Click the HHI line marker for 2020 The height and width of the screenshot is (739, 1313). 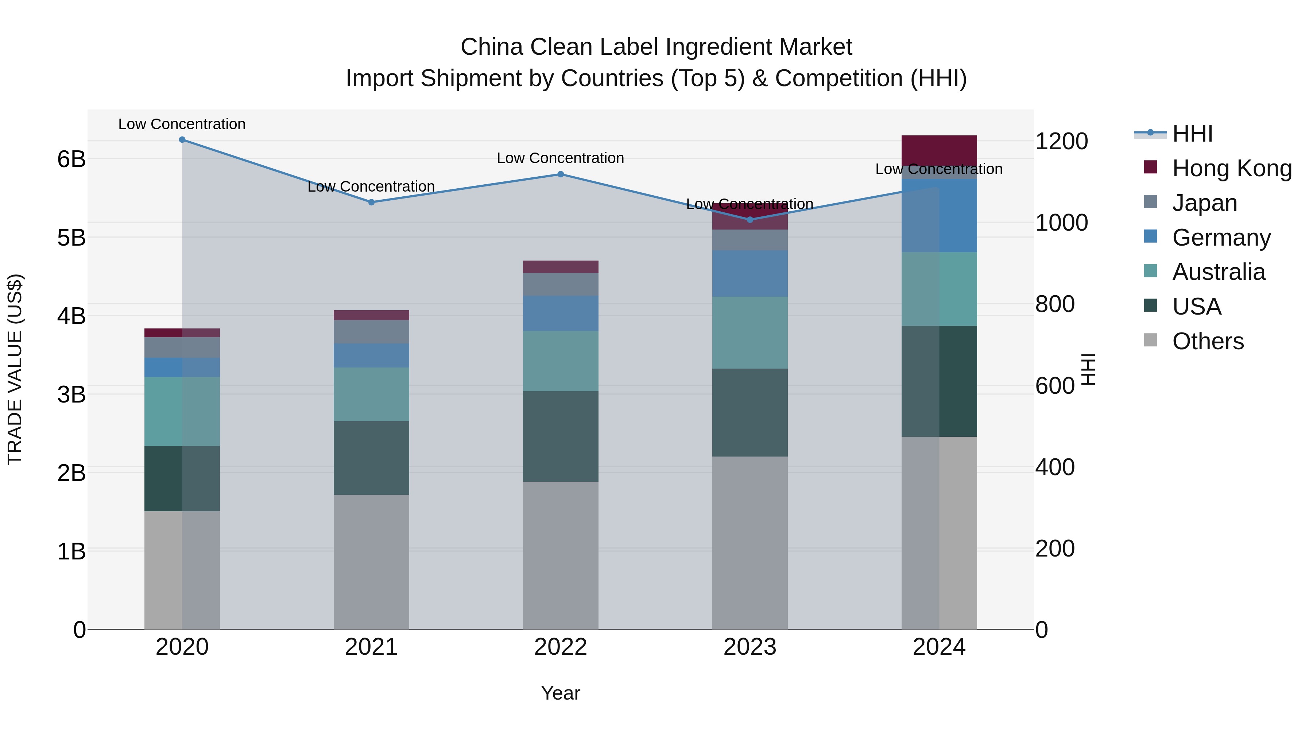coord(182,140)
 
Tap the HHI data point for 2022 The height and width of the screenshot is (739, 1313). coord(560,174)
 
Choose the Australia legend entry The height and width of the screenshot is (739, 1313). coord(1218,272)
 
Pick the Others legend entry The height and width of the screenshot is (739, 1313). coord(1208,341)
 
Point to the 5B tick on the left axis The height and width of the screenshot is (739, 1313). coord(71,238)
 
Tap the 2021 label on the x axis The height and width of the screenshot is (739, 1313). coord(371,647)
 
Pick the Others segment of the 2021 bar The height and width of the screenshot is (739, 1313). coord(371,561)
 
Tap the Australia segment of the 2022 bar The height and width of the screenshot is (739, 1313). coord(560,361)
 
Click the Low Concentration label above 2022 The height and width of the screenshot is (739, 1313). coord(560,158)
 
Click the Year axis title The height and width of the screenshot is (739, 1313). coord(560,693)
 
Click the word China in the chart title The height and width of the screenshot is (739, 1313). coord(492,47)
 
